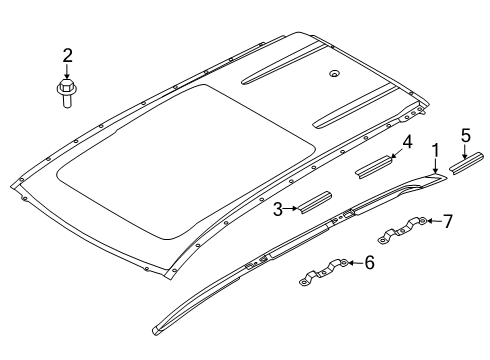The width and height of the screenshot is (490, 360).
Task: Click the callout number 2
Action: tap(67, 56)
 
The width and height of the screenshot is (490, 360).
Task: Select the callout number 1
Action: tap(435, 151)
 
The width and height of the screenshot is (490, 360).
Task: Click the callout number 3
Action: tap(278, 209)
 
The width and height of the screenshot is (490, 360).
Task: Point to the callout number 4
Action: tap(407, 142)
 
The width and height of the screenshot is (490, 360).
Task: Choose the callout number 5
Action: tap(466, 135)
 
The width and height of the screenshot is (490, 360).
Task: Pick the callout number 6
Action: tap(369, 262)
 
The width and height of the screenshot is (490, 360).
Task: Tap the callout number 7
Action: tap(448, 221)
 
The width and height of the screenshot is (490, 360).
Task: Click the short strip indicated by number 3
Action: tap(315, 202)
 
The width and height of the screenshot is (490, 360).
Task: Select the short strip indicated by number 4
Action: tap(374, 166)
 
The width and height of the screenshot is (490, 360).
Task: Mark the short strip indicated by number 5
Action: tap(466, 163)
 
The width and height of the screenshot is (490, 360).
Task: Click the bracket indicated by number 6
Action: tap(324, 272)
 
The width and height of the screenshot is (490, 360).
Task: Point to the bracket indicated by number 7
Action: tap(403, 230)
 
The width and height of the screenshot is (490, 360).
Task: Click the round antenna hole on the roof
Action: tap(334, 74)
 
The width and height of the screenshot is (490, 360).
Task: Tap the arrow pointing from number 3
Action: tap(290, 209)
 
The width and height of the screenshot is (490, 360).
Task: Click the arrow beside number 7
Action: tap(434, 220)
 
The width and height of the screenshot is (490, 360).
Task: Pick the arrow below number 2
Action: tap(67, 72)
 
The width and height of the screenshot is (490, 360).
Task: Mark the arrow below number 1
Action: tap(435, 166)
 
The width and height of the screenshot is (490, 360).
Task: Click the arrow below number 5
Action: tap(465, 151)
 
